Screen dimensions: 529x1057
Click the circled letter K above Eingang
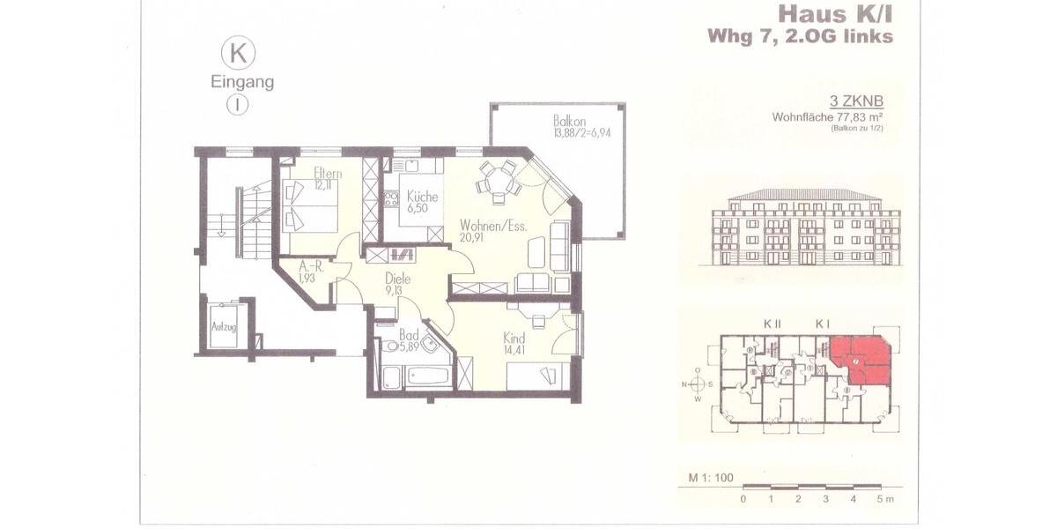point(238,53)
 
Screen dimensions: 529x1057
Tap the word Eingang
point(241,83)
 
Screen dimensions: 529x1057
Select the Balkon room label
point(569,120)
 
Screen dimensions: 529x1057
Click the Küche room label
point(422,197)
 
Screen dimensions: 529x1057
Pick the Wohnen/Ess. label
point(493,226)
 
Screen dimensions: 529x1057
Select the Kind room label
point(514,339)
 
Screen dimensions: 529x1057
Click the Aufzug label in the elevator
point(224,326)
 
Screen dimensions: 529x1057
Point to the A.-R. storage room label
point(312,265)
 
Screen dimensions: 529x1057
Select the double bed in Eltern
point(310,209)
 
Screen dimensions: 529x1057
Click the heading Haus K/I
point(835,14)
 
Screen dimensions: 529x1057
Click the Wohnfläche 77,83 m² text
point(828,116)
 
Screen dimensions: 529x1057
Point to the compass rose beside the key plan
point(698,384)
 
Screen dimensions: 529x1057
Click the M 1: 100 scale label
point(711,478)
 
